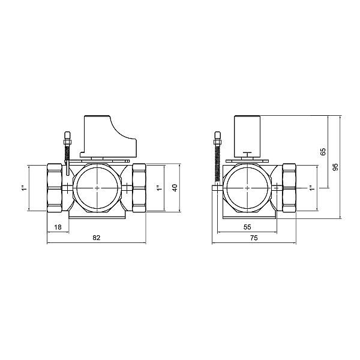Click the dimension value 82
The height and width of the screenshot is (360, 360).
click(x=96, y=238)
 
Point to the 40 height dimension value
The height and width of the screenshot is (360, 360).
click(x=175, y=188)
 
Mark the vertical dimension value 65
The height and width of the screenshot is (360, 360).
click(x=323, y=152)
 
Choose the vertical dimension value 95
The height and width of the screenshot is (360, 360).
click(x=336, y=167)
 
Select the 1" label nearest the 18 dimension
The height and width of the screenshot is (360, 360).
click(x=24, y=188)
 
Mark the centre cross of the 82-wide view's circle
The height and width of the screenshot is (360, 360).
click(x=98, y=188)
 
